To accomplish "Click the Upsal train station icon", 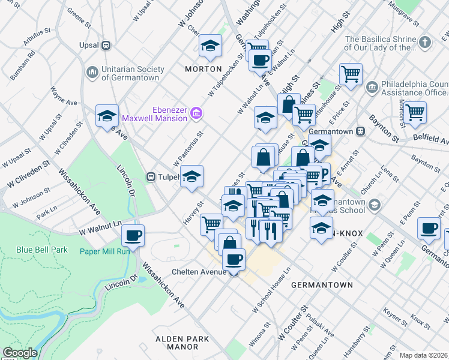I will pos(106,45).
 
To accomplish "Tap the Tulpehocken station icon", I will pos(151,176).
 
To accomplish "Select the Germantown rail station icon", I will pos(361,131).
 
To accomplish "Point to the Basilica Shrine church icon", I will pos(425,42).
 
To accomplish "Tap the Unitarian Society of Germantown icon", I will pos(92,72).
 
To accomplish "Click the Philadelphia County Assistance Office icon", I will pos(371,88).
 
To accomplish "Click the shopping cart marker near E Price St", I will pos(351,74).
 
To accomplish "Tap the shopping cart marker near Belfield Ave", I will pos(415,112).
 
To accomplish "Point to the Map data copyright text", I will pos(423,355).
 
